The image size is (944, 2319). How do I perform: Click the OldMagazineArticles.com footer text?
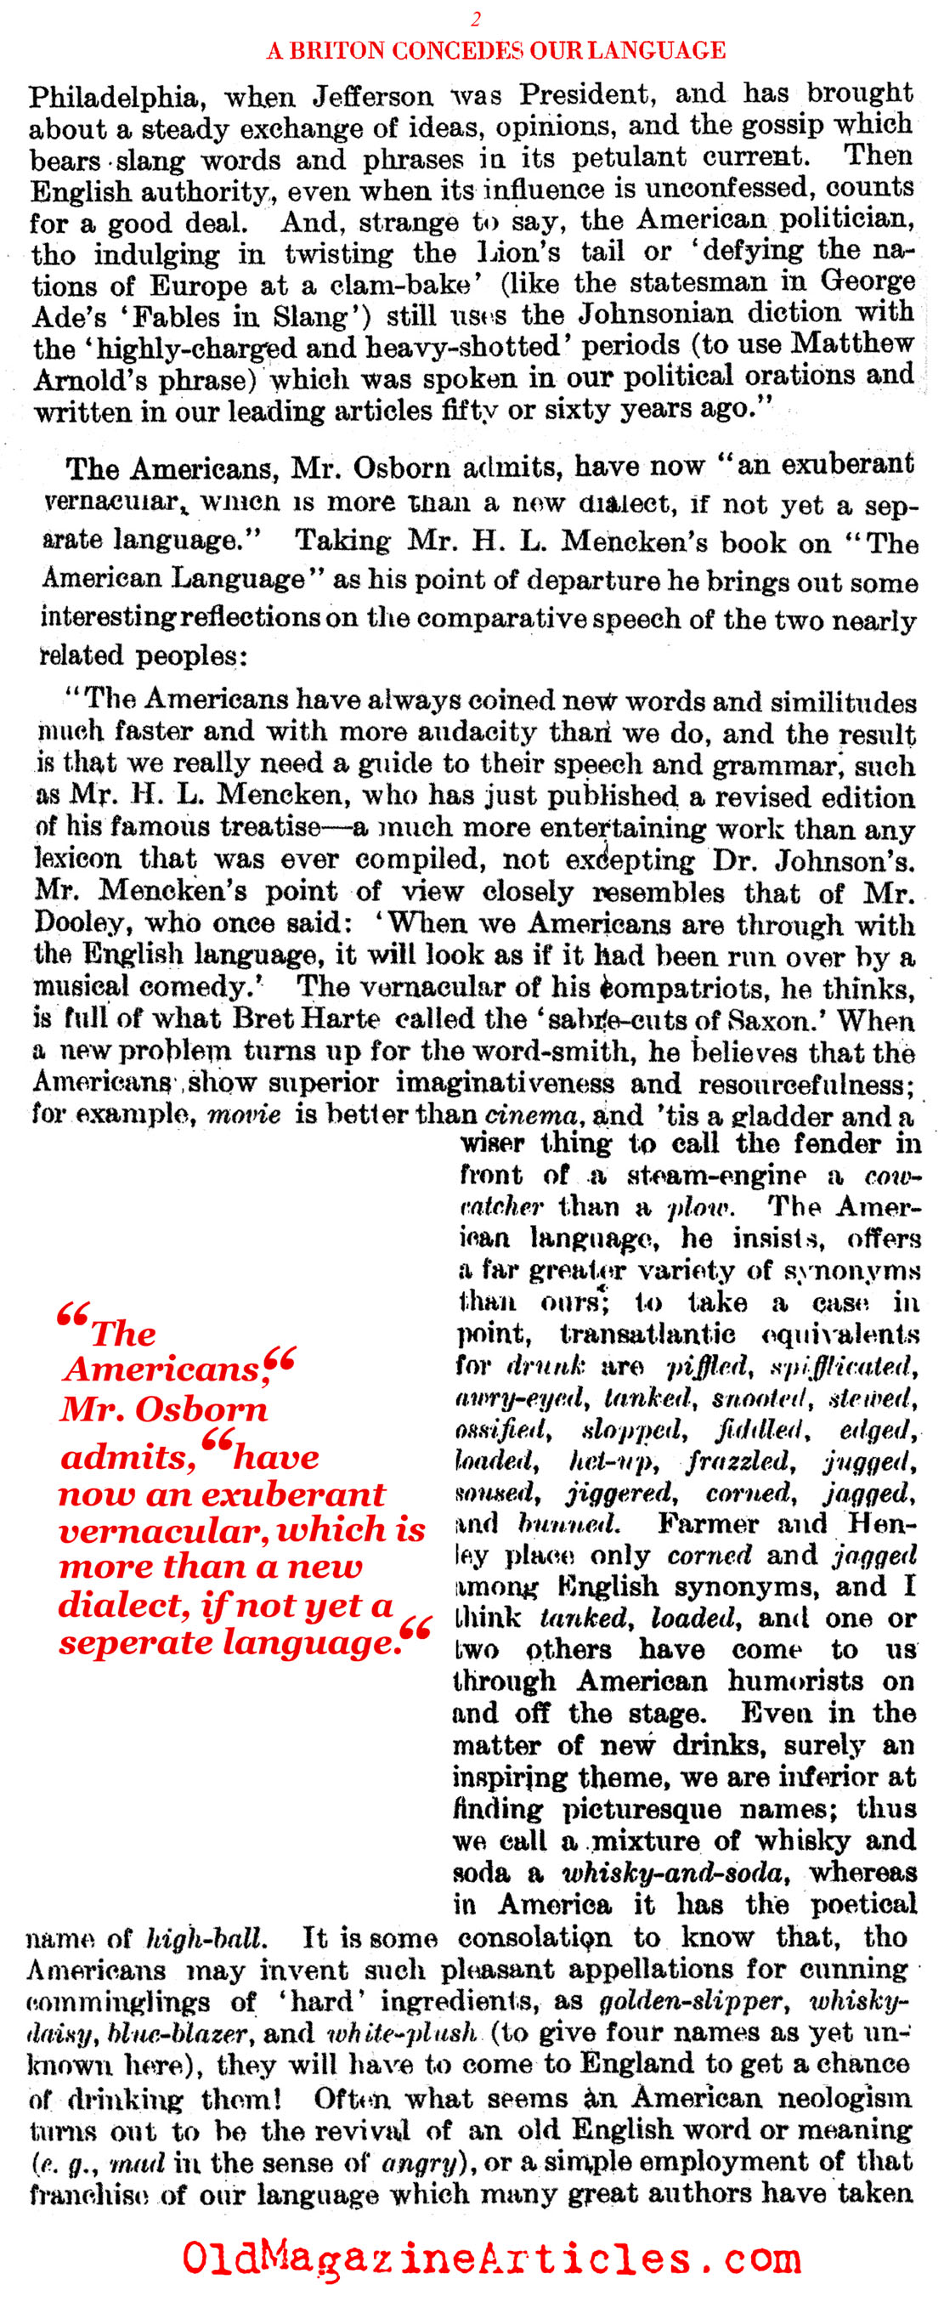coord(490,2257)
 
